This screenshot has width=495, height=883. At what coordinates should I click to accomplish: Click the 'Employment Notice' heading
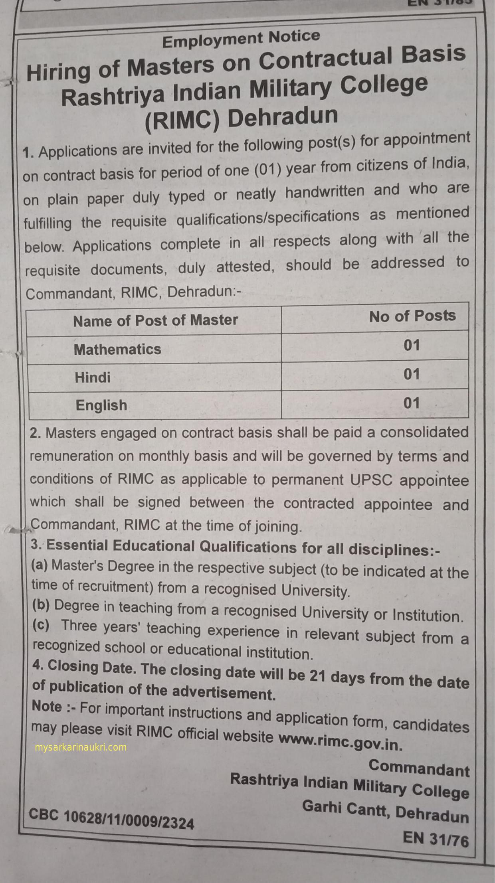tap(241, 39)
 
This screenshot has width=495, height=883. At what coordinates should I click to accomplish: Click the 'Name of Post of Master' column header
tap(155, 320)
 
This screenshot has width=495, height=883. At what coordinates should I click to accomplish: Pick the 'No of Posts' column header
tap(412, 316)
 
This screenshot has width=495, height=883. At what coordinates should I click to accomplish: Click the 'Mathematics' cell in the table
tap(117, 350)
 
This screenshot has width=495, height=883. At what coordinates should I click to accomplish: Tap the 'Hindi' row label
tap(93, 377)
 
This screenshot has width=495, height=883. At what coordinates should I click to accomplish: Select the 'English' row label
tap(101, 405)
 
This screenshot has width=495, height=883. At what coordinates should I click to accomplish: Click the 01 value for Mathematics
tap(412, 345)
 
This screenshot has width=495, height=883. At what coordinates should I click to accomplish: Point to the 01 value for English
tap(412, 403)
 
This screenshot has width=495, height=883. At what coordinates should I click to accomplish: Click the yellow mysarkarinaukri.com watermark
tap(81, 747)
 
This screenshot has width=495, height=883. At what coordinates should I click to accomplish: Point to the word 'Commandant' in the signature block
tap(419, 767)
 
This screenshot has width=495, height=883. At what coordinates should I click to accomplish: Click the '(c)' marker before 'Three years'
tap(41, 625)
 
